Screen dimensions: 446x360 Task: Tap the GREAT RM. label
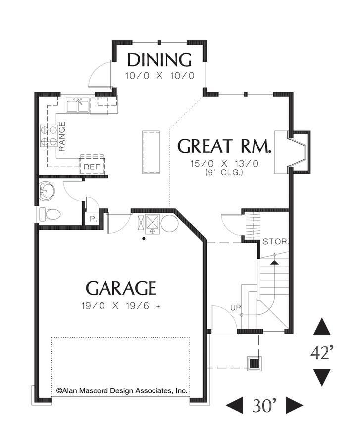[225, 146]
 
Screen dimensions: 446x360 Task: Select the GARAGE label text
[121, 288]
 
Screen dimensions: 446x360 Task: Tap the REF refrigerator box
[92, 167]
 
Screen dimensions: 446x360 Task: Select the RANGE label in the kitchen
[62, 136]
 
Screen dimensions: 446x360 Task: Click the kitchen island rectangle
[152, 152]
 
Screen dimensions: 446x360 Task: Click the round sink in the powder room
[50, 190]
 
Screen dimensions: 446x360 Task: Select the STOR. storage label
[275, 242]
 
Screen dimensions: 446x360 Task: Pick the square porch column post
[255, 363]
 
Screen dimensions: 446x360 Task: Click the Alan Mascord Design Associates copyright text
[122, 391]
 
